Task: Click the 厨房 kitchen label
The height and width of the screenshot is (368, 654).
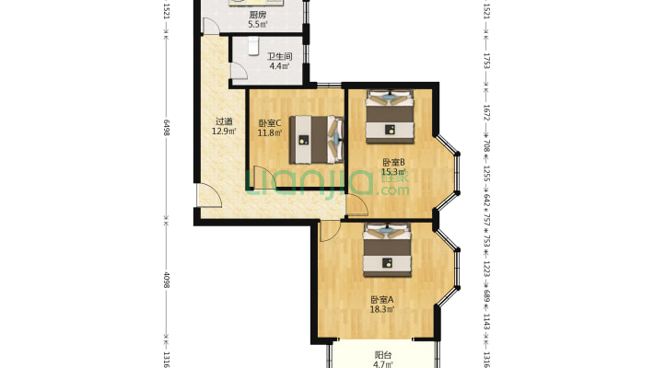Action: [x=258, y=15]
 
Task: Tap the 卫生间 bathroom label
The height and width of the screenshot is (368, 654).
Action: [x=279, y=56]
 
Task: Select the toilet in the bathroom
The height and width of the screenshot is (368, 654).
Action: [x=253, y=46]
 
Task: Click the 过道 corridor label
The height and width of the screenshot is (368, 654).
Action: [x=224, y=121]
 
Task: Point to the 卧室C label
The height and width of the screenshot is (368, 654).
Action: [x=270, y=123]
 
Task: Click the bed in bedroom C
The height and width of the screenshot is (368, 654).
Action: [x=317, y=140]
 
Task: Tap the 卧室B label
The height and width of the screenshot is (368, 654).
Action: [x=394, y=163]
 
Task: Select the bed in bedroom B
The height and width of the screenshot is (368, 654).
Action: [x=390, y=117]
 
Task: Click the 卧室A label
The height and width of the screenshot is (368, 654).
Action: [x=382, y=300]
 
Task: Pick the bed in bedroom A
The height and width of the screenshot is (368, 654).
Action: [x=387, y=250]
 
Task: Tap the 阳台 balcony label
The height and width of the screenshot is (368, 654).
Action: [x=383, y=355]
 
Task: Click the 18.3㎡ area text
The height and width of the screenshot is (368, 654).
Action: [x=382, y=309]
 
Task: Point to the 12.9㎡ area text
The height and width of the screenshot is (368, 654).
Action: [x=224, y=132]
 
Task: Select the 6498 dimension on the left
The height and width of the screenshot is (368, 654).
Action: [x=167, y=128]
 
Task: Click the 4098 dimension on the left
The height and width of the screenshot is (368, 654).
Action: [x=167, y=280]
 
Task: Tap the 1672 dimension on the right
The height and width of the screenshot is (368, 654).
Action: [x=486, y=112]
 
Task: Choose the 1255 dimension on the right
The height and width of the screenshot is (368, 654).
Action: [x=486, y=173]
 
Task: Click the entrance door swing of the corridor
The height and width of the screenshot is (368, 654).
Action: [x=209, y=195]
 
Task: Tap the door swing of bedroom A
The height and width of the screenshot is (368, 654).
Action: [x=330, y=232]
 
